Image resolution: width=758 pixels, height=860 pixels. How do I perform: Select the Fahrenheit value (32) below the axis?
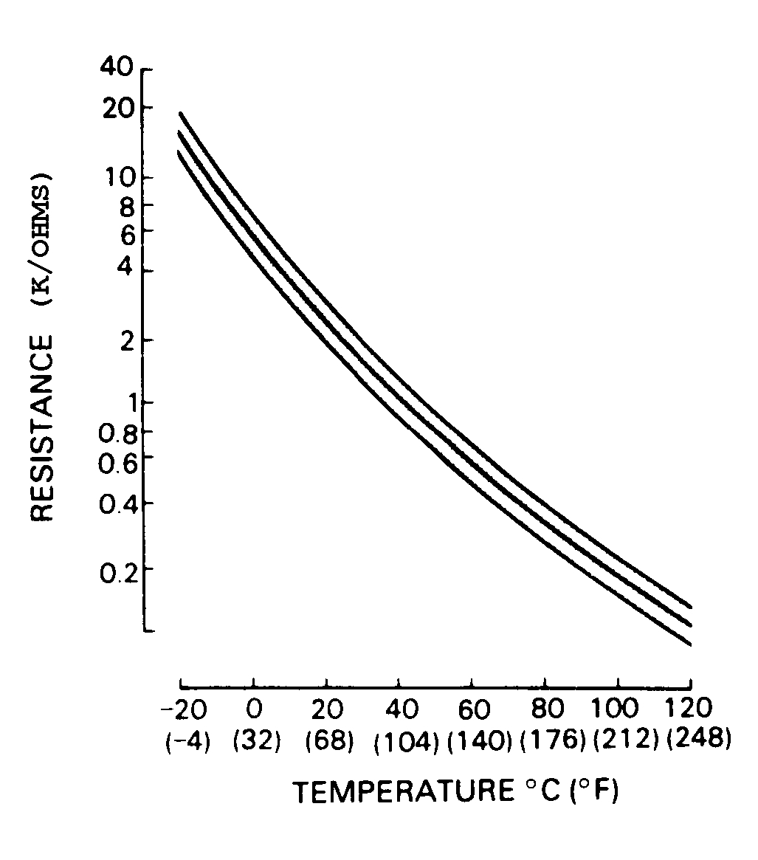click(x=256, y=740)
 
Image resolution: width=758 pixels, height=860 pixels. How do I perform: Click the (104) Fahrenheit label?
click(x=407, y=741)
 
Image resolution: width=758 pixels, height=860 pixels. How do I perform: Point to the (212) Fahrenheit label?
click(x=625, y=740)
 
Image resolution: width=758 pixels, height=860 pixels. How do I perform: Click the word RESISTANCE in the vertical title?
click(x=44, y=428)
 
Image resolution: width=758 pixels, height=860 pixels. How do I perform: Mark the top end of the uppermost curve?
click(x=180, y=114)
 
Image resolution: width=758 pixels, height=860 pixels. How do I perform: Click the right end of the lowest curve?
click(x=691, y=644)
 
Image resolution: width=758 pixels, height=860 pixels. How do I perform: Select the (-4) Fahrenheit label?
click(x=186, y=740)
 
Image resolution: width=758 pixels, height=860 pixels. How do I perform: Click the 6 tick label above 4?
click(x=126, y=231)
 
